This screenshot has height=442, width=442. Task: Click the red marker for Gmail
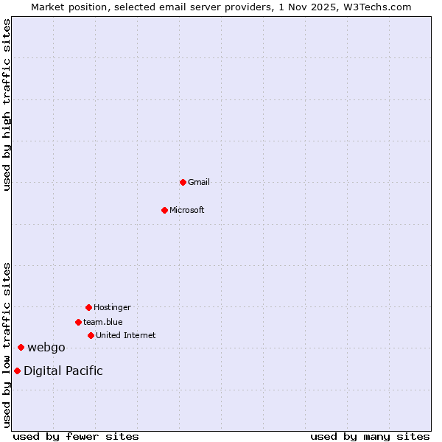point(183,182)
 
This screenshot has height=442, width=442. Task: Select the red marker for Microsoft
point(164,210)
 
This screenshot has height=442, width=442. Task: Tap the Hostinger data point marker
point(88,307)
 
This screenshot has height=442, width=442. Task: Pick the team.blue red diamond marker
point(78,322)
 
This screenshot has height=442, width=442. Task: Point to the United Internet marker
point(91,335)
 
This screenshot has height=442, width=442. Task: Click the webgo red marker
point(21,347)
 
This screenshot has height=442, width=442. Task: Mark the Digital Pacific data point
point(17,371)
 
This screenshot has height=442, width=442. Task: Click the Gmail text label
point(199,182)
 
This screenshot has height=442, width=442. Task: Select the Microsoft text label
point(187,210)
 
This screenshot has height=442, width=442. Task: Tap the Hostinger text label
point(112,307)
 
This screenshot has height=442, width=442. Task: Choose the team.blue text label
point(103,322)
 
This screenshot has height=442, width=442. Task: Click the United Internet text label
point(126,335)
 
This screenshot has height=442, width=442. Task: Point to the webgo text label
point(46,347)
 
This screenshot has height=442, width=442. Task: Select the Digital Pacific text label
point(63,371)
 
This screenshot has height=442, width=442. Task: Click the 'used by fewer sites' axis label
point(76,436)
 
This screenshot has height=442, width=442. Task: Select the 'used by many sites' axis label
point(370,436)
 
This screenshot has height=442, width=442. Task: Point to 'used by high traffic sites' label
point(7,105)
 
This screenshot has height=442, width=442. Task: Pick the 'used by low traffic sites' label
point(7,345)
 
